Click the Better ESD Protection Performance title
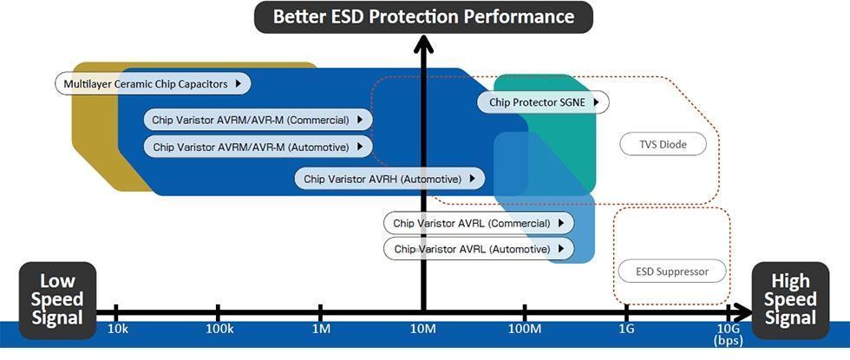pos(423,16)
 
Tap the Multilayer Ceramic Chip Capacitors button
pos(154,84)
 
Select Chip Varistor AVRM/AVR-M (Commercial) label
pos(258,120)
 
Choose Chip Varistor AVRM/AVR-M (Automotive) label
pos(258,147)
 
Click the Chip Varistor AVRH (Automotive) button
pos(389,180)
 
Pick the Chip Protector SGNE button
pos(542,102)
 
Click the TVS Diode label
pos(662,144)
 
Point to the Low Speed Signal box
pos(57,299)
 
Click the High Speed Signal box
pos(790,299)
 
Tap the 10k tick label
pos(118,331)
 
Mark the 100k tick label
pos(219,331)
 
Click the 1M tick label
pos(321,331)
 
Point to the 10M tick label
pos(423,331)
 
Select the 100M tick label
pos(525,331)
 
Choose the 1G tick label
pos(626,331)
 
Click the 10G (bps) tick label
pos(727,336)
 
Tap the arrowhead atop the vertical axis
pos(423,42)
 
